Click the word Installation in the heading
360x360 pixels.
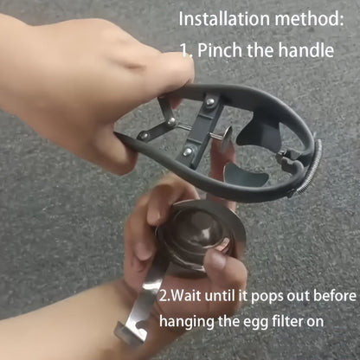pos(224,19)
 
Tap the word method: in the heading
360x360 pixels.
pos(309,19)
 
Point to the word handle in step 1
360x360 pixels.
pos(306,50)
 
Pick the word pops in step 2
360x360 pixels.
pos(267,297)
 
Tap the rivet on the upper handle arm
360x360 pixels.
pos(210,101)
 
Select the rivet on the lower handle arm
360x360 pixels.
pos(188,151)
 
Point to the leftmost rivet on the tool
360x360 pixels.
pos(144,135)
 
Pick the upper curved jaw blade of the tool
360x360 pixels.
pos(260,133)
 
